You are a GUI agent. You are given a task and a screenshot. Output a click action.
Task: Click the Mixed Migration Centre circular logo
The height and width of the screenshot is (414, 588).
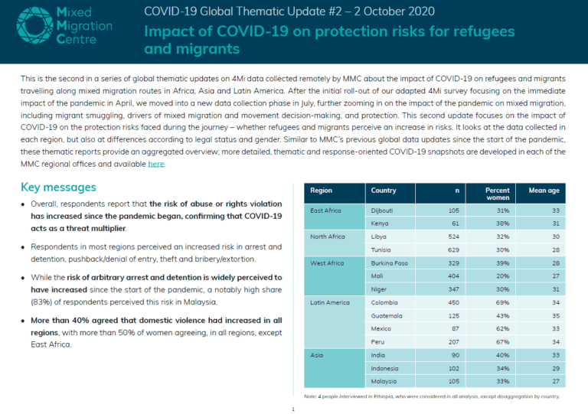[35, 25]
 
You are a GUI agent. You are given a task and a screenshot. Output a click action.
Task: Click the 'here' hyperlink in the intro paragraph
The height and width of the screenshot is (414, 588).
[156, 164]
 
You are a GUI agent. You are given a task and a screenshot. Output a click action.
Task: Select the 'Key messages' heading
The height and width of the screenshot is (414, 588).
[58, 187]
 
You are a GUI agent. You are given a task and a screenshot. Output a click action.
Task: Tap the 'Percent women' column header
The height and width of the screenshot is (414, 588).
[497, 194]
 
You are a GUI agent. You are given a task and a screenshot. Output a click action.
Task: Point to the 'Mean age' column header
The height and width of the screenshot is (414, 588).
[544, 191]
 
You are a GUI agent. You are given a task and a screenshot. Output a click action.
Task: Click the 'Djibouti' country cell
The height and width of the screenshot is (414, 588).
[382, 210]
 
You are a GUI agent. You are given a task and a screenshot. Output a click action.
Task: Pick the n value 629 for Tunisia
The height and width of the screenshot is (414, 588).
[453, 250]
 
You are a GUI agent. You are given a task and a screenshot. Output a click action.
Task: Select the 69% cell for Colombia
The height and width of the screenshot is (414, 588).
[502, 302]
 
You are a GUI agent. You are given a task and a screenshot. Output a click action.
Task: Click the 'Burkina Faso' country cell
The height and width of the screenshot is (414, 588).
[389, 263]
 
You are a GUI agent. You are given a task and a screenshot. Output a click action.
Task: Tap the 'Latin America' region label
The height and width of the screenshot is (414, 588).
[330, 302]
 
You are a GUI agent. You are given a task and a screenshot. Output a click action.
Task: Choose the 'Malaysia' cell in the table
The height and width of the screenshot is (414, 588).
[384, 381]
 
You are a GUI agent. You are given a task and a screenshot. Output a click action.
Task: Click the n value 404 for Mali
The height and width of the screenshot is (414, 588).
[453, 276]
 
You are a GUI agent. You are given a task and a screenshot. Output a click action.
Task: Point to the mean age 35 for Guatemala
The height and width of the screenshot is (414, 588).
[556, 316]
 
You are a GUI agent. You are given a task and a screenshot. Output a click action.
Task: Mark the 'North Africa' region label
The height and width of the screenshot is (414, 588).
[328, 236]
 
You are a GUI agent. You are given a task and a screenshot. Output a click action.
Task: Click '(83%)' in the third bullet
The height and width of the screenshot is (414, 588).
[41, 302]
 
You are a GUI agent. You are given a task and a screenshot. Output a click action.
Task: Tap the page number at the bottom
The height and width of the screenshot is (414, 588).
[293, 409]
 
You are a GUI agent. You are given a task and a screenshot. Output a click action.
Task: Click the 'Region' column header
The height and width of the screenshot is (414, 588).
[321, 191]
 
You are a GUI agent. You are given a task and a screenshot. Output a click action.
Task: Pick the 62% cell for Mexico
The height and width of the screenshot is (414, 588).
[502, 328]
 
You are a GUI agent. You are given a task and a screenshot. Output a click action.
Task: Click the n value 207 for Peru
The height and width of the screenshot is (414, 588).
[453, 342]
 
